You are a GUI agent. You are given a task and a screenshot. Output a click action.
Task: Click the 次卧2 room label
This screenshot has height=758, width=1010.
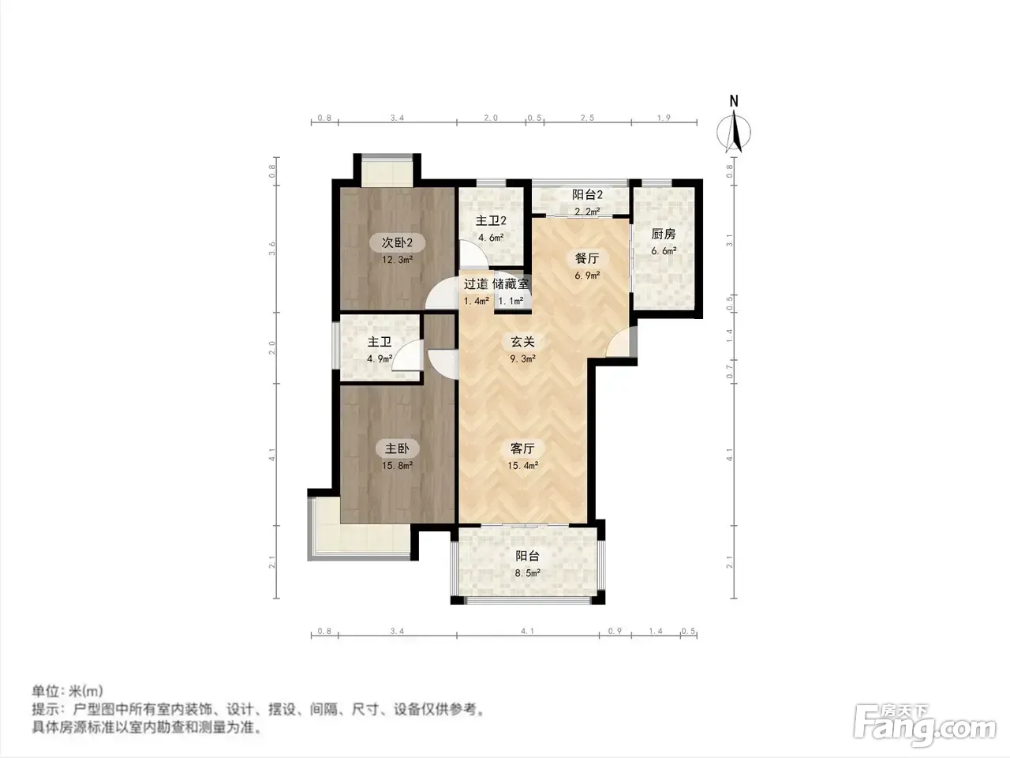(397, 242)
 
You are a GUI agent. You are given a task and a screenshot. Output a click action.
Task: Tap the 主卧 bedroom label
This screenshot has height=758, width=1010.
(397, 448)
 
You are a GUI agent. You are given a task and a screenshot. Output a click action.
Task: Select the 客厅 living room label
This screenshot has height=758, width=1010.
(522, 448)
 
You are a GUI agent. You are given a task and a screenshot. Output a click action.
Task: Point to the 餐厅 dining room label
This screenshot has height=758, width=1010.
(587, 258)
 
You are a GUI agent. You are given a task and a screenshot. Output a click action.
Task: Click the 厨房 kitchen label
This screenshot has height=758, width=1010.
(663, 235)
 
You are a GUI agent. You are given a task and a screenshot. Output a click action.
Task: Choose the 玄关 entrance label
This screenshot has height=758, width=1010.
(522, 341)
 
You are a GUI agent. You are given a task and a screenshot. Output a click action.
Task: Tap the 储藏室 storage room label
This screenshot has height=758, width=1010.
(511, 284)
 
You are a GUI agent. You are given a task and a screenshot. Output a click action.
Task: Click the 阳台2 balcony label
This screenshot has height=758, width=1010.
(587, 195)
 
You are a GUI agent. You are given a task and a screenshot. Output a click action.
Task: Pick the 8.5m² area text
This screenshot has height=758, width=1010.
(527, 573)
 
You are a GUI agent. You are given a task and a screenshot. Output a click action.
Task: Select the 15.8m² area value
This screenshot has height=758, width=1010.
(397, 465)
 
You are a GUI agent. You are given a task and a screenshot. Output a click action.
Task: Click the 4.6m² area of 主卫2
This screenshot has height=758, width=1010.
(491, 238)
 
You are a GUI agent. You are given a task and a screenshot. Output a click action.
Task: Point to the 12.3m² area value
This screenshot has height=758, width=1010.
(397, 260)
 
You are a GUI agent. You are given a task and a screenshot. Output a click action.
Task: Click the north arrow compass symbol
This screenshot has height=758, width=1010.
(734, 132)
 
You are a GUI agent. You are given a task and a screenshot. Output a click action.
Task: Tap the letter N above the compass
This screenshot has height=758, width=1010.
(734, 101)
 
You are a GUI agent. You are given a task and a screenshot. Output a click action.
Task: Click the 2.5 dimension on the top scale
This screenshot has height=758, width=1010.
(587, 118)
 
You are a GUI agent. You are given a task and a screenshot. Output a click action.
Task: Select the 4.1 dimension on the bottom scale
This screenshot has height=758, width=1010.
(527, 631)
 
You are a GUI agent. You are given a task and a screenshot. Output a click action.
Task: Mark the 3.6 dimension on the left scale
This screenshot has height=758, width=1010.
(272, 249)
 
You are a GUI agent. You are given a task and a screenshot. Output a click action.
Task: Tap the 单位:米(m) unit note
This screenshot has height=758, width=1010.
(67, 691)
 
